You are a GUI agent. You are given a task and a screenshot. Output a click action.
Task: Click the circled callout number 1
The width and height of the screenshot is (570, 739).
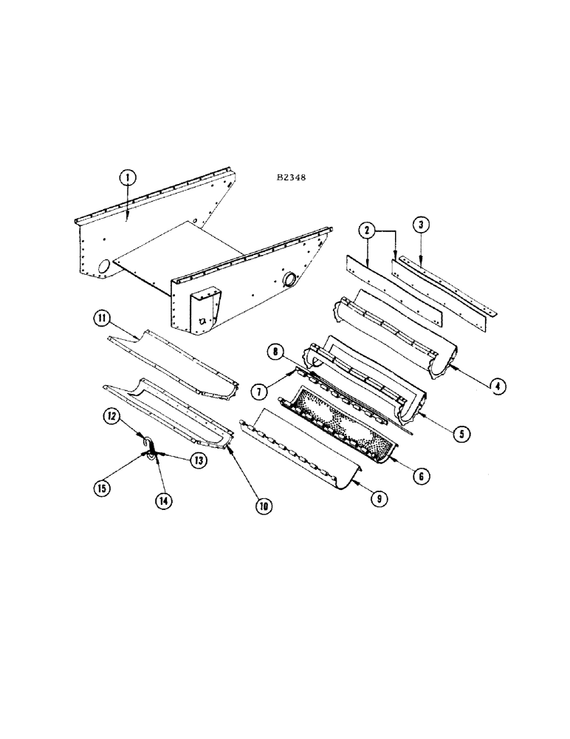[128, 177]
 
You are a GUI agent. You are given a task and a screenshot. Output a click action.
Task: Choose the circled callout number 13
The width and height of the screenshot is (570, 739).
[197, 460]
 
